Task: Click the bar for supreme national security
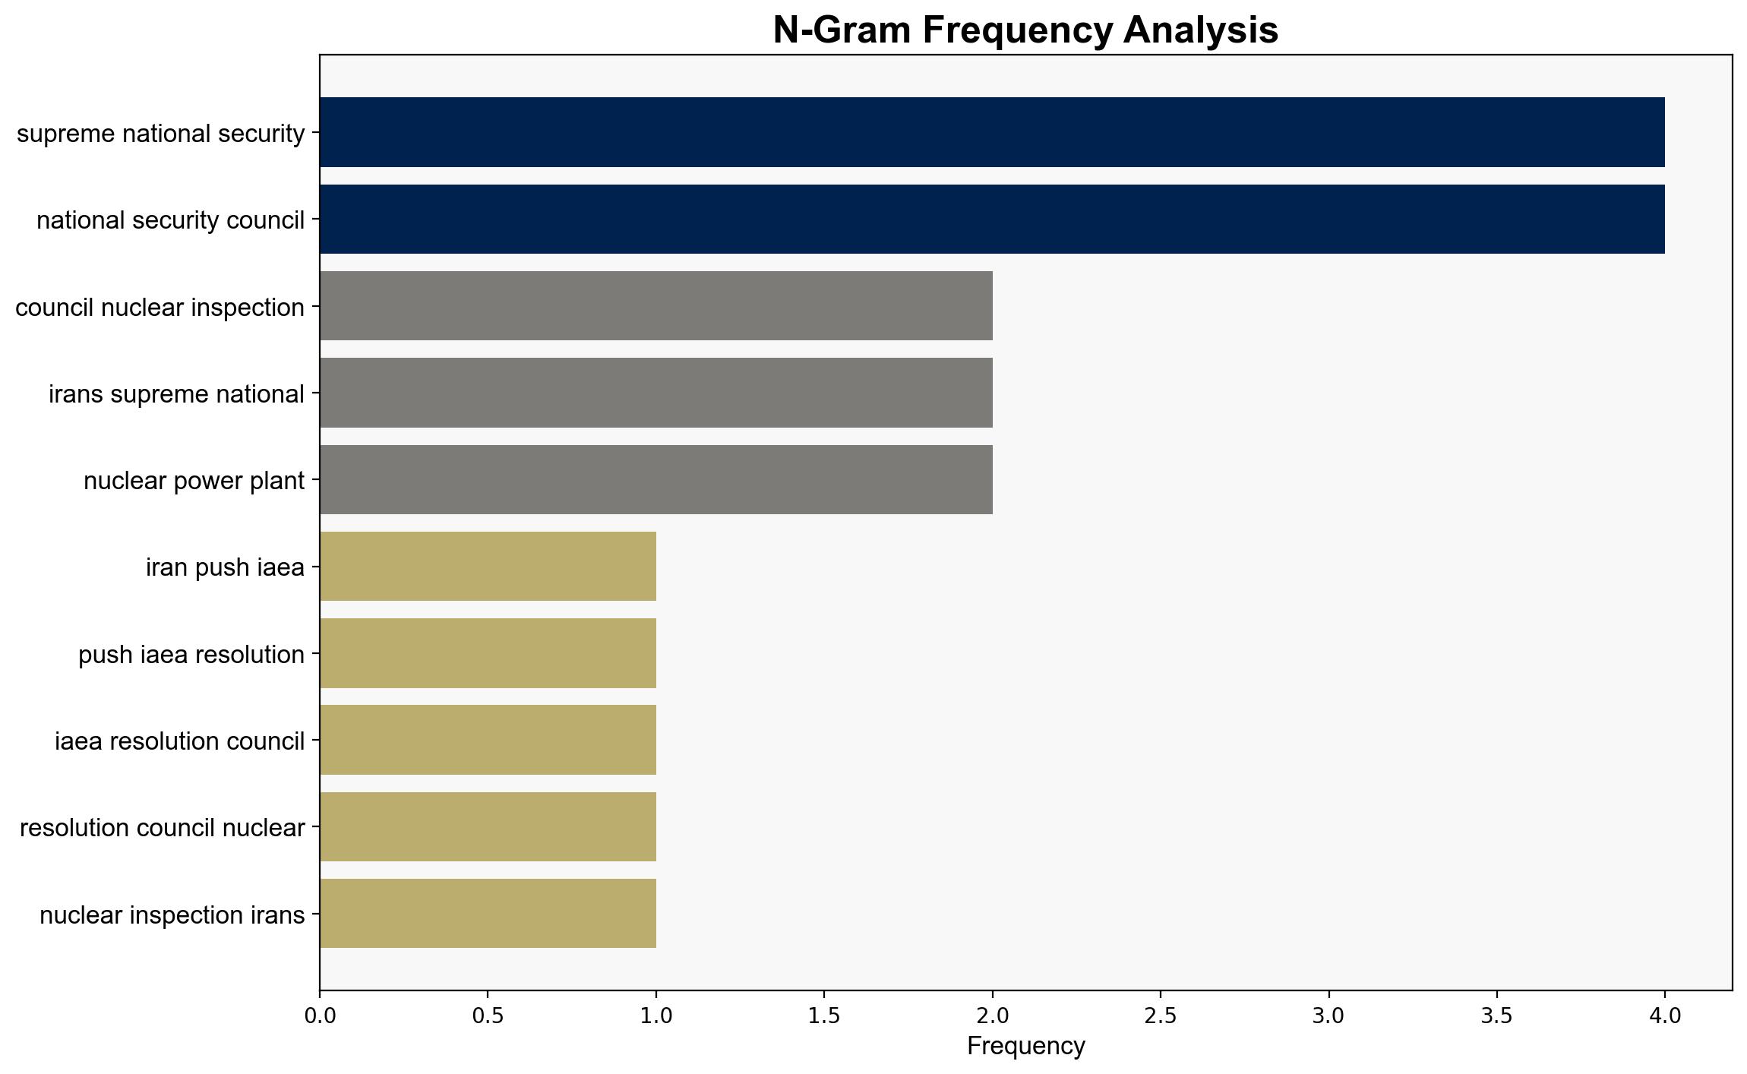pyautogui.click(x=992, y=132)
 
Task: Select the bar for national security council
pyautogui.click(x=992, y=220)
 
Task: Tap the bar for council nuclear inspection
pyautogui.click(x=656, y=306)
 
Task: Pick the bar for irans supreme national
pyautogui.click(x=656, y=393)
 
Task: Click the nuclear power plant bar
pyautogui.click(x=656, y=480)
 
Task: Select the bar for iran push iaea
pyautogui.click(x=488, y=567)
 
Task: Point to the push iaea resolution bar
pyautogui.click(x=488, y=653)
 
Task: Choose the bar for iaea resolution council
pyautogui.click(x=488, y=740)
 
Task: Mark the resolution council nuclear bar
pyautogui.click(x=488, y=827)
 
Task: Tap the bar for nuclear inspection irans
pyautogui.click(x=488, y=914)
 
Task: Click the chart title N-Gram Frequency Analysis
pyautogui.click(x=1025, y=30)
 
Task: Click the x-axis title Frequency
pyautogui.click(x=1025, y=1046)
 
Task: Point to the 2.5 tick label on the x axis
pyautogui.click(x=1161, y=1016)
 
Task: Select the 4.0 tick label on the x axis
pyautogui.click(x=1665, y=1016)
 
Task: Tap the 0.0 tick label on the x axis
pyautogui.click(x=320, y=1016)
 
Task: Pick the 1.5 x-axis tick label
pyautogui.click(x=824, y=1016)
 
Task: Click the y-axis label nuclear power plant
pyautogui.click(x=194, y=481)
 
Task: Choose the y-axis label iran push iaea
pyautogui.click(x=225, y=567)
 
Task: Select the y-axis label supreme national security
pyautogui.click(x=160, y=134)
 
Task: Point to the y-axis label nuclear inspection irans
pyautogui.click(x=172, y=915)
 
